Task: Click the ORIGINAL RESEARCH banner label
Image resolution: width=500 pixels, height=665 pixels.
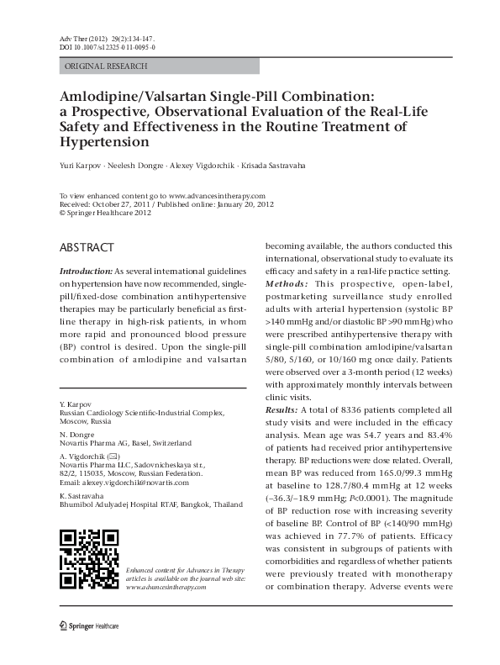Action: coord(106,66)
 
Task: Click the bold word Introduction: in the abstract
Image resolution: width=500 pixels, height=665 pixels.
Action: coord(85,274)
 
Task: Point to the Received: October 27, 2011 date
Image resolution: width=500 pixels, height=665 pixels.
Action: coord(107,204)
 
